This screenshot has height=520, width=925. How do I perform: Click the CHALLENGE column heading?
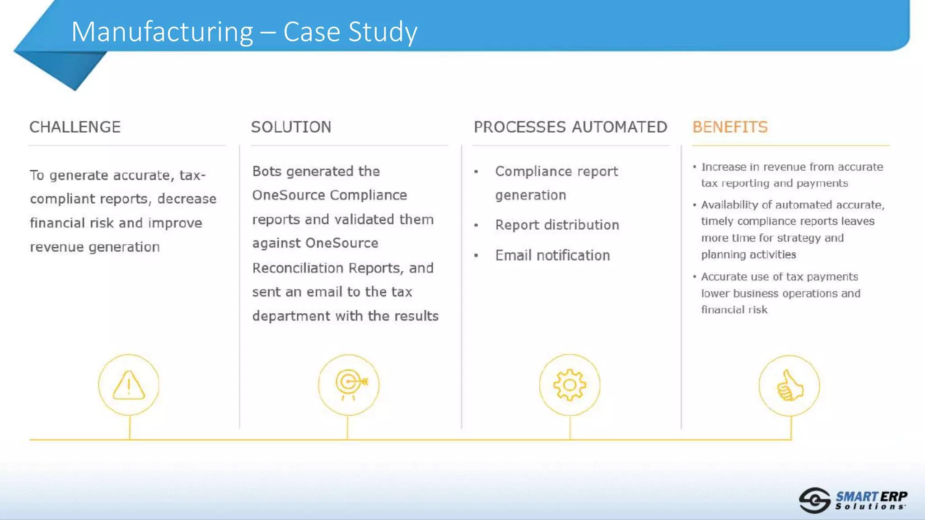point(75,127)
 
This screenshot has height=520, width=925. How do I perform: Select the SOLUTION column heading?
point(291,127)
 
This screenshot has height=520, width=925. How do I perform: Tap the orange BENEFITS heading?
point(730,127)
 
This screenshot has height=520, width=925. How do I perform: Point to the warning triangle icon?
point(129,385)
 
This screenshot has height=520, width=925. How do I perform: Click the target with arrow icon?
point(349,385)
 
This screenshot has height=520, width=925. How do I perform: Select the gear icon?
point(570,385)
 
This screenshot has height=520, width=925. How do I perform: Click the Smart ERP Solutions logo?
point(853,501)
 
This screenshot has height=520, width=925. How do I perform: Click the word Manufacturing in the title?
point(162,32)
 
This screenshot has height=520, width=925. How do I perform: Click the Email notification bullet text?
point(552,255)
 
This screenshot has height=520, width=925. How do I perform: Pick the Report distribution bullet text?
point(557,225)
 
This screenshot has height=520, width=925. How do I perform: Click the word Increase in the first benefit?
point(724,167)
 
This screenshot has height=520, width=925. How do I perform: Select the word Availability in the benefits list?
point(729,205)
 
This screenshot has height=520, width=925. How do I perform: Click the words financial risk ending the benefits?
point(734,310)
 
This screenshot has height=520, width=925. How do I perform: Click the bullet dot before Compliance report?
point(476,172)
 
